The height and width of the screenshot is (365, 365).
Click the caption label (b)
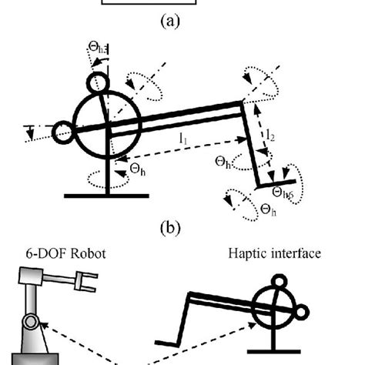tap(169, 228)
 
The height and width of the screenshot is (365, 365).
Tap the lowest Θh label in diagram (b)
tap(270, 209)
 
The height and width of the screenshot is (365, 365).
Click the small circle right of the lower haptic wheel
tap(301, 310)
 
